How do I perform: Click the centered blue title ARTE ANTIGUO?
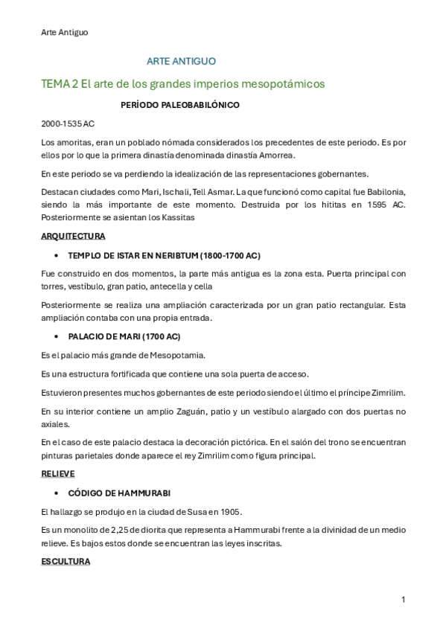click(x=182, y=62)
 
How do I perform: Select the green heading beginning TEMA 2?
click(x=183, y=84)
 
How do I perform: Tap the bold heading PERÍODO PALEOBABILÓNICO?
click(x=179, y=106)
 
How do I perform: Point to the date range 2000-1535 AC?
click(x=68, y=124)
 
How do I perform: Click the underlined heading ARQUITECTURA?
click(x=73, y=236)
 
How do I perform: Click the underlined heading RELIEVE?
click(x=58, y=473)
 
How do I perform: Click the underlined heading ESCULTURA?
click(x=66, y=562)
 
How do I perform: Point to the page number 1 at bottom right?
click(x=403, y=599)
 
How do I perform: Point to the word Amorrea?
click(x=277, y=155)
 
